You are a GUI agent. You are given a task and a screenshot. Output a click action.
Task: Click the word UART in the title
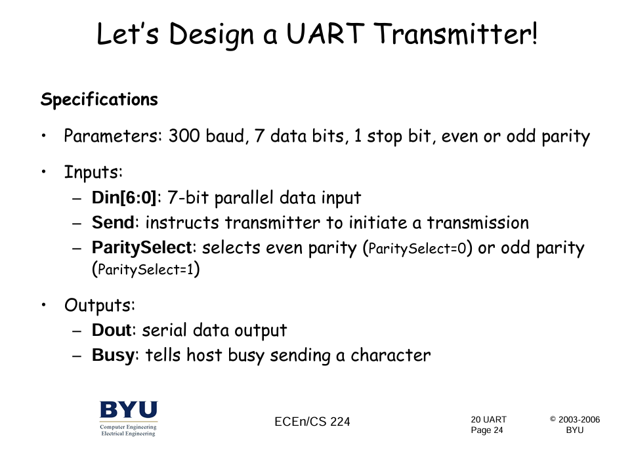coord(326,33)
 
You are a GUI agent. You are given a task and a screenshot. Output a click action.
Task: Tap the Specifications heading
coord(99,100)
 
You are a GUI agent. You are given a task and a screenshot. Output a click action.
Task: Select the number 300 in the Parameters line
coord(184,136)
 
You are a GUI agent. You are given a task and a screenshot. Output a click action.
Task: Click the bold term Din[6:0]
coord(124,197)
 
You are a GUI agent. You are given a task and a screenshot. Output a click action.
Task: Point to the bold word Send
coord(113,222)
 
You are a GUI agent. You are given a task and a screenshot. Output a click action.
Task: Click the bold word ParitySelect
coord(142,247)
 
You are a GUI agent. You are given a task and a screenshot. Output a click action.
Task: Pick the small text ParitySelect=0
coord(417,249)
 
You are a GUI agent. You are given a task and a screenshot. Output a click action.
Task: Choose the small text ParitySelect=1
coord(146,270)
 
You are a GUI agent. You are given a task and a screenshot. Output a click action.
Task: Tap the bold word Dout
coord(112,330)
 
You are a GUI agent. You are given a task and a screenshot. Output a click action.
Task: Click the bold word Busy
coord(113,356)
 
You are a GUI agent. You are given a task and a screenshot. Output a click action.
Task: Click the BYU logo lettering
coord(129,409)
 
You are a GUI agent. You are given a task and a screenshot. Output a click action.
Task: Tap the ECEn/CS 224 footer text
coord(312,422)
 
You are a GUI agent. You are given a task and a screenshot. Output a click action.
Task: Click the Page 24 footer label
coord(487,430)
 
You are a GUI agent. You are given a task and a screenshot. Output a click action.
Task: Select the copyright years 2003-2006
coord(579,420)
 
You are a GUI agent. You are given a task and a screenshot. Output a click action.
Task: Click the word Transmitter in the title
coord(455,33)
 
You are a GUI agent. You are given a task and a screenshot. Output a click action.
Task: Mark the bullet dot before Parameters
coord(44,136)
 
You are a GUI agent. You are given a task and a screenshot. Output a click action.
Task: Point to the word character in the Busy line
coord(391,356)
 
